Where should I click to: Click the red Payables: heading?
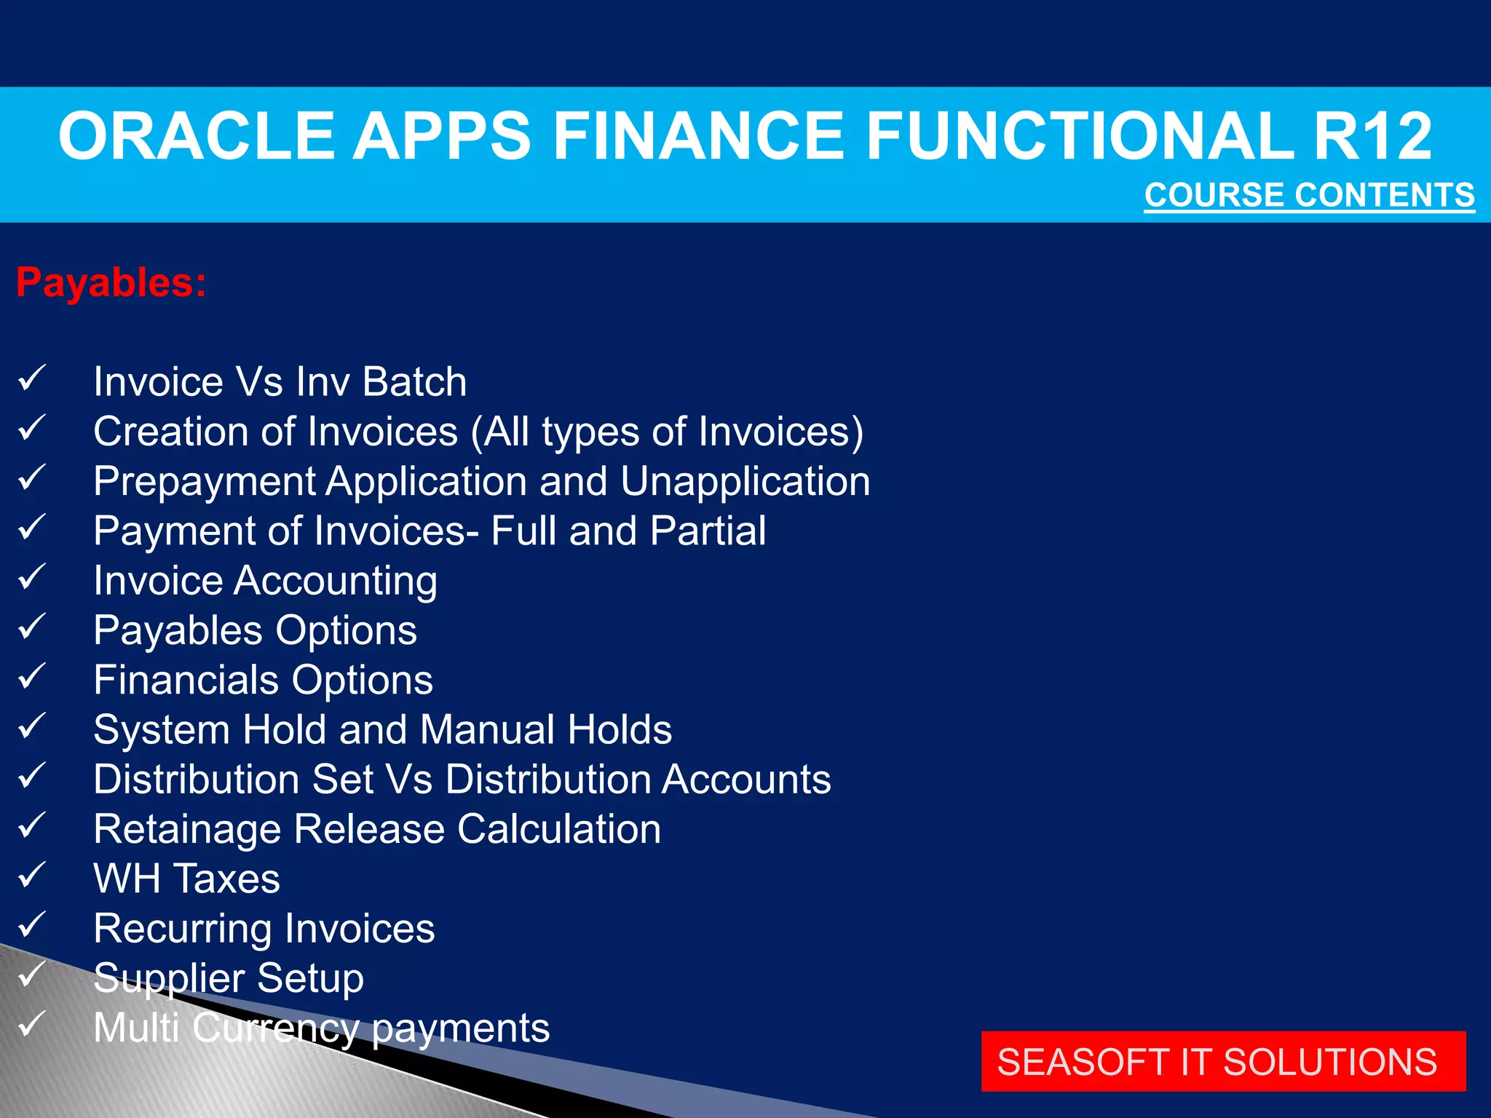pos(111,282)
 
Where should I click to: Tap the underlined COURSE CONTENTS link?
pos(1309,195)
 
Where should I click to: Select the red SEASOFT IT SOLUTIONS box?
pos(1222,1061)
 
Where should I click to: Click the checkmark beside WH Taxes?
pos(31,875)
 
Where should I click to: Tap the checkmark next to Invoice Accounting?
pos(31,577)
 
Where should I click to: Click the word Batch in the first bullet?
pos(414,382)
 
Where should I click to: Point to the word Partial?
pos(708,531)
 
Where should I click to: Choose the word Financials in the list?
pos(186,680)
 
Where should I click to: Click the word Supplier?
pos(169,979)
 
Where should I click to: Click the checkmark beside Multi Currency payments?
pos(31,1024)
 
